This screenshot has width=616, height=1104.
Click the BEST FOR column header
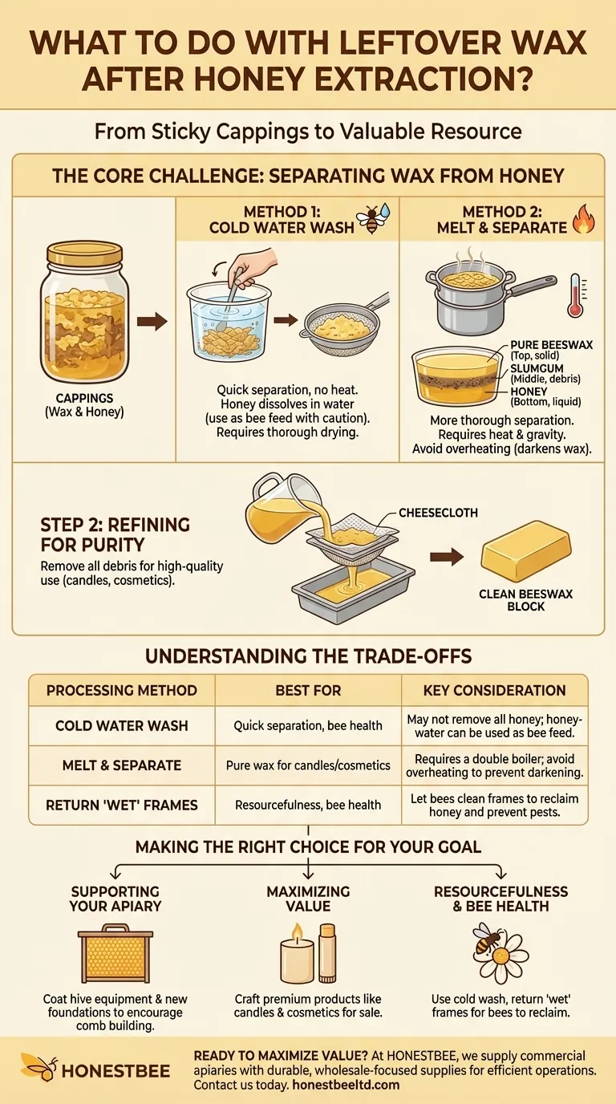coord(308,690)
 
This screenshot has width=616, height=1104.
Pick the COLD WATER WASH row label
coord(122,725)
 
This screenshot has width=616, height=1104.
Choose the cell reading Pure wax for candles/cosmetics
coord(308,765)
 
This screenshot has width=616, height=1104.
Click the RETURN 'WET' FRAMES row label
coord(122,804)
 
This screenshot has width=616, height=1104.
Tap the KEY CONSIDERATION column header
coord(495,690)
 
